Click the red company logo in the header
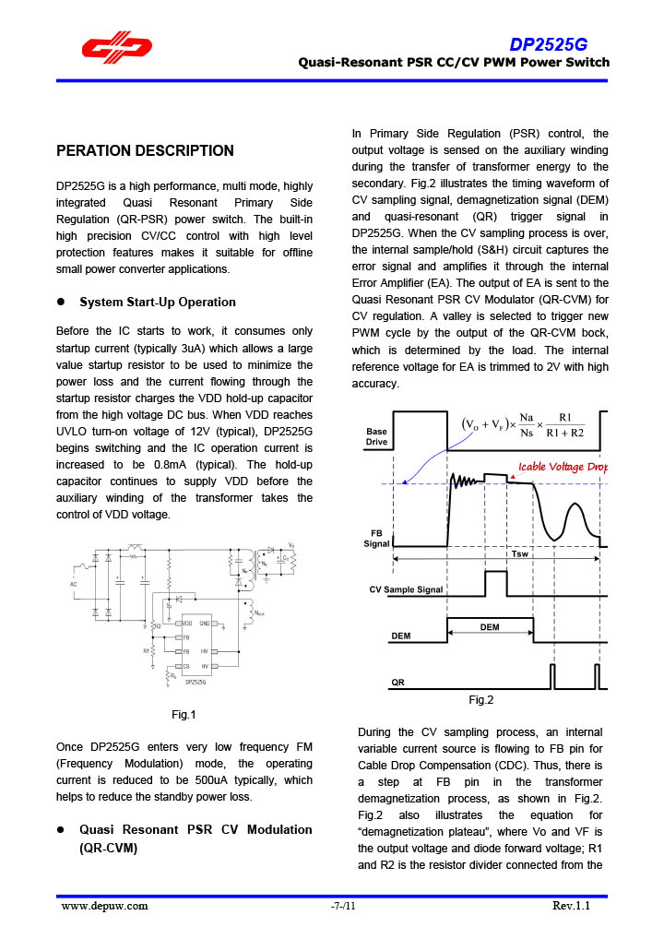(x=115, y=49)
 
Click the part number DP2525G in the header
(x=549, y=45)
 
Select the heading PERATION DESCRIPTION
(x=146, y=150)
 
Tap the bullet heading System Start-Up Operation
(x=158, y=302)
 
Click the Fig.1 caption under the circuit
(x=184, y=714)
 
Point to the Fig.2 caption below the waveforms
(x=480, y=700)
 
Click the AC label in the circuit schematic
(x=73, y=585)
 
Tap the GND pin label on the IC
(x=205, y=624)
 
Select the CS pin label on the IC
(x=185, y=665)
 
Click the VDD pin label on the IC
(x=186, y=624)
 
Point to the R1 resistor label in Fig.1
(x=146, y=650)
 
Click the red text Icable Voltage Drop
(x=563, y=466)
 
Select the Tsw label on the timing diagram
(x=520, y=554)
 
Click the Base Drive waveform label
(x=376, y=436)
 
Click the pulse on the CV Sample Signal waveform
(x=495, y=583)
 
